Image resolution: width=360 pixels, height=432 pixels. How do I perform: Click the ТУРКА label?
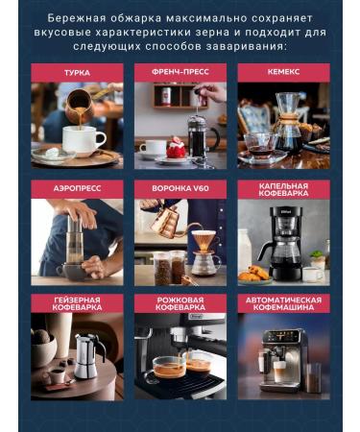(77, 72)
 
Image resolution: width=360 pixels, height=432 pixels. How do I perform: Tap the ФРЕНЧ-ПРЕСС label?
(180, 72)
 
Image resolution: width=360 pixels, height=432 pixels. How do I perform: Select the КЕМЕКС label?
(283, 72)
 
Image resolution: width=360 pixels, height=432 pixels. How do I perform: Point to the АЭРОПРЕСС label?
(77, 188)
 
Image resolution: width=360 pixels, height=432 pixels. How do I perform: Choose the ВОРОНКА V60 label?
(180, 188)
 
